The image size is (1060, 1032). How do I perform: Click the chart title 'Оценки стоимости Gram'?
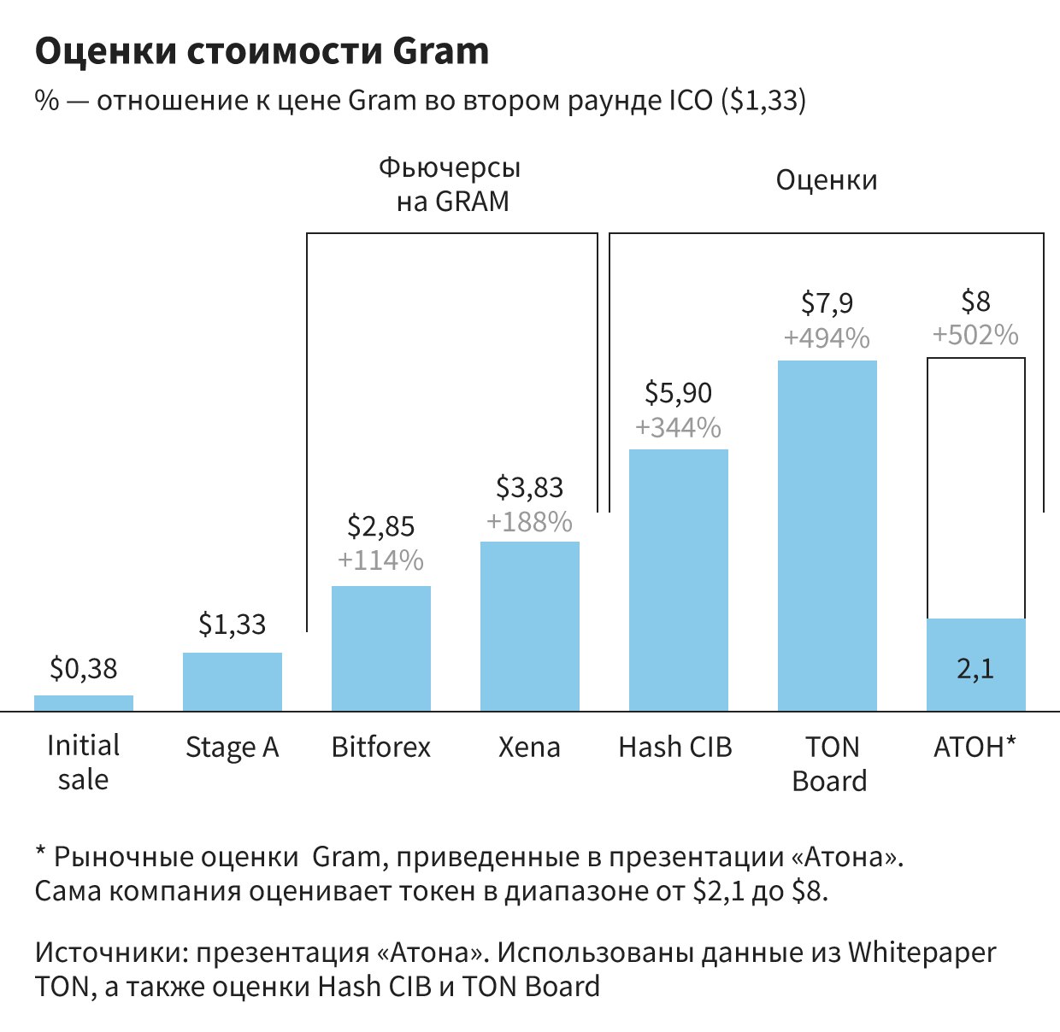point(262,52)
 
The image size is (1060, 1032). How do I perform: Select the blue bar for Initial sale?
point(84,703)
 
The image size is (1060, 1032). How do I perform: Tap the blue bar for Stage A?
point(233,682)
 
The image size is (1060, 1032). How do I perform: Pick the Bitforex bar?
point(381,648)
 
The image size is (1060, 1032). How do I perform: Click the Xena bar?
point(530,626)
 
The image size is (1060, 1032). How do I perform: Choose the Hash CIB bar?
point(679,580)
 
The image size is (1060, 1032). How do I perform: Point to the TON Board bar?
point(827,536)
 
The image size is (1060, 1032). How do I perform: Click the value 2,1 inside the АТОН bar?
point(975,669)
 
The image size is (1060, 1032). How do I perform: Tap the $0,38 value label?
point(84,669)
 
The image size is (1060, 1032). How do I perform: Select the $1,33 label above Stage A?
point(233,624)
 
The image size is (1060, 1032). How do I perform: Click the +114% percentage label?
point(381,560)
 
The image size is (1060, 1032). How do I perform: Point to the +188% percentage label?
point(530,522)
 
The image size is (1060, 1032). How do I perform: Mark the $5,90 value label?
point(679,393)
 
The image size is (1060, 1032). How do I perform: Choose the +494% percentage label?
point(827,338)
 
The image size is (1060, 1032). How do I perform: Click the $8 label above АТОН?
point(975,302)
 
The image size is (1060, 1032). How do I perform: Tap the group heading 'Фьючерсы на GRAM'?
point(450,184)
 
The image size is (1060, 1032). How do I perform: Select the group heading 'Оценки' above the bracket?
point(827,181)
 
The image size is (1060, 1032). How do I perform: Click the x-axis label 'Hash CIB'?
point(675,748)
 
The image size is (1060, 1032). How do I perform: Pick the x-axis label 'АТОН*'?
point(975,748)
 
